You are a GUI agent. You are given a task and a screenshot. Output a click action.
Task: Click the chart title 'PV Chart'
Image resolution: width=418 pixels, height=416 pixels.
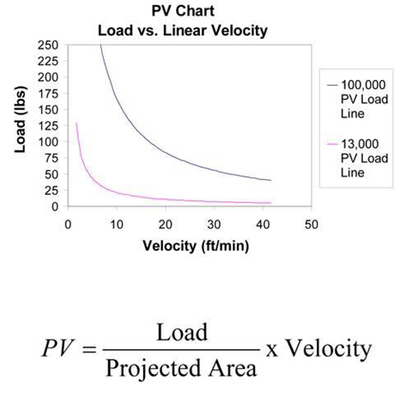[x=183, y=11]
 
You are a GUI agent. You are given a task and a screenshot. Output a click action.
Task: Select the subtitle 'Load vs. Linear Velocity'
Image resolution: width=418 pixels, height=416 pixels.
[x=183, y=31]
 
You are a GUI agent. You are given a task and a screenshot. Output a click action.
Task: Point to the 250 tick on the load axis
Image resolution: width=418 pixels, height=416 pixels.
[x=48, y=45]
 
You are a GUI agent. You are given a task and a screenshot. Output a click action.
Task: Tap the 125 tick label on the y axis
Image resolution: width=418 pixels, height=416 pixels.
[x=48, y=125]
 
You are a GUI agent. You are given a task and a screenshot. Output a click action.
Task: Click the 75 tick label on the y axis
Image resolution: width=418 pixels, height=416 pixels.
[x=51, y=158]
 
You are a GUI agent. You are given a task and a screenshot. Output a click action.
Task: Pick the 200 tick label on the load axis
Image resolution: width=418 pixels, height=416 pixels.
[x=48, y=77]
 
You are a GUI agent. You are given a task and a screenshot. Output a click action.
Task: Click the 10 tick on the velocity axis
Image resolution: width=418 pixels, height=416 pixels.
[x=117, y=225]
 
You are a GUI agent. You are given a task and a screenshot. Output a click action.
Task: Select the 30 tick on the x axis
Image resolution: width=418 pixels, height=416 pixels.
[x=214, y=225]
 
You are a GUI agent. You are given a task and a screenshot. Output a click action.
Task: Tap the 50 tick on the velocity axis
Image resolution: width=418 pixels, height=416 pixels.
[x=312, y=225]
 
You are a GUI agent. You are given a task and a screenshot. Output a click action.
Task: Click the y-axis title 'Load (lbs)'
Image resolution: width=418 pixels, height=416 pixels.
[x=21, y=119]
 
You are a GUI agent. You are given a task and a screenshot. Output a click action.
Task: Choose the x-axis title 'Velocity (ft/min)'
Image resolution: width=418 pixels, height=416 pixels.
[x=196, y=246]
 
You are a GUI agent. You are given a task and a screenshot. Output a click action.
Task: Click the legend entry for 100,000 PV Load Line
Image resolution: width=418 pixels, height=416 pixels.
[x=358, y=99]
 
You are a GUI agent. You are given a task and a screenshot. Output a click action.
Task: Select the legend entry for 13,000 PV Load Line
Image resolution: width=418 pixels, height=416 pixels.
[x=358, y=158]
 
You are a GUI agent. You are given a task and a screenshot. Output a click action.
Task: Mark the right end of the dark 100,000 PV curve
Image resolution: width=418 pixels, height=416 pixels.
[x=270, y=180]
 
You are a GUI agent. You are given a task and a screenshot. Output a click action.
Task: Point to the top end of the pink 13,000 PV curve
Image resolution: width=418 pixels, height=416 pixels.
[x=76, y=123]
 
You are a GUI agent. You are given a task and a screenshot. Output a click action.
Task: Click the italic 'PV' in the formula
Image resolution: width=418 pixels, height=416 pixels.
[x=58, y=348]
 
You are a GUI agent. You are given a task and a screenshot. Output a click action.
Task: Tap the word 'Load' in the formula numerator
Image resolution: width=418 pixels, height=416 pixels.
[x=182, y=332]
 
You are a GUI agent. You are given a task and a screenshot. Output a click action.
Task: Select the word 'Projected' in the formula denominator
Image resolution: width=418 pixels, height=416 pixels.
[x=153, y=369]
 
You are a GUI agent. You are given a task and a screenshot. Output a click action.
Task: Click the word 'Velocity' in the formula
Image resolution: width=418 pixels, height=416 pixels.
[x=329, y=349]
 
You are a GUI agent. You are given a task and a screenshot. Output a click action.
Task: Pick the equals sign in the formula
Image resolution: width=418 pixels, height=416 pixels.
[x=88, y=349]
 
